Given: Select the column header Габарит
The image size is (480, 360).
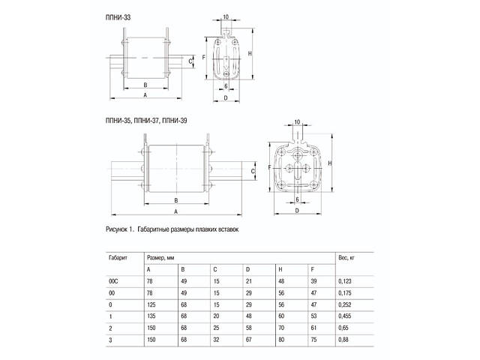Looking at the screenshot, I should coord(118,256).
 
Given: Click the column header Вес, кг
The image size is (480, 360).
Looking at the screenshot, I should coord(347,256).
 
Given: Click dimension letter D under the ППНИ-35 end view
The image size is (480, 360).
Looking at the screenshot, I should coord(298,211).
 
